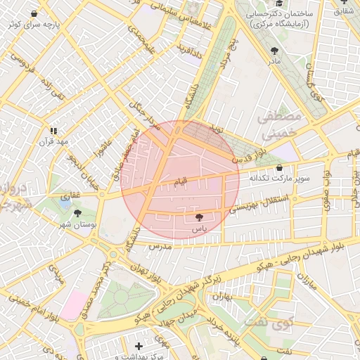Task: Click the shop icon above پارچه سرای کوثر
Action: [34, 13]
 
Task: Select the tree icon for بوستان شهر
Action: [77, 213]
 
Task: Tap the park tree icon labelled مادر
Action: [274, 51]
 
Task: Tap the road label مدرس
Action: [160, 247]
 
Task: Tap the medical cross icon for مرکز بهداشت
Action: [139, 346]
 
